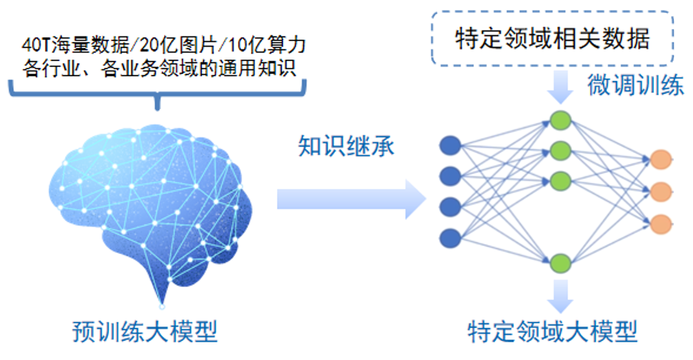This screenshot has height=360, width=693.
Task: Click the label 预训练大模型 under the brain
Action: [x=145, y=331]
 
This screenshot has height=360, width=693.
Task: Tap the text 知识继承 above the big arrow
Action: [x=346, y=146]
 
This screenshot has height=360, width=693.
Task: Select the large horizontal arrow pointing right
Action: [x=351, y=199]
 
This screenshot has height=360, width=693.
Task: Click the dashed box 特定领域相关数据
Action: [x=553, y=39]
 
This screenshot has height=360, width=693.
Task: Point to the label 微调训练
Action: [x=636, y=85]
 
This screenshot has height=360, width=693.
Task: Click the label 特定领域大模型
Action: [x=553, y=331]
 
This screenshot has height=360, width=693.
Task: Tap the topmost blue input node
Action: [x=450, y=146]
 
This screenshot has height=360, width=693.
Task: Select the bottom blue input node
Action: [x=450, y=238]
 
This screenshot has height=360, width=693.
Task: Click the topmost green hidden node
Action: [x=560, y=121]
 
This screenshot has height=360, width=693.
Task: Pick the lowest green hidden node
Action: [x=560, y=263]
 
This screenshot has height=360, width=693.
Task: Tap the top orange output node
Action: [x=661, y=159]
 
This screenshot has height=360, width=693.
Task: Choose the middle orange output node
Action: [x=661, y=191]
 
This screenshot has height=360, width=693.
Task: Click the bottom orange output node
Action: [x=661, y=224]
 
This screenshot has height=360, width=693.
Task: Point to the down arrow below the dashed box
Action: [x=560, y=87]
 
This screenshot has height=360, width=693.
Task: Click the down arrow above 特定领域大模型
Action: [x=560, y=296]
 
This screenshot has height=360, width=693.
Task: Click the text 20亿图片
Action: [x=179, y=44]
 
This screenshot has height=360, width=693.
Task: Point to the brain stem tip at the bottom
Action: [x=162, y=306]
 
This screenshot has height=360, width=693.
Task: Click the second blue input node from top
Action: [x=450, y=176]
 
